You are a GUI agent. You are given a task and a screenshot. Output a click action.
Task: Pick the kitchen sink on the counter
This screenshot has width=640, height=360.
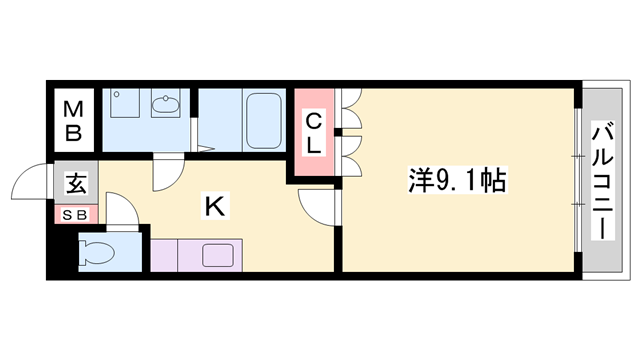coord(216,255)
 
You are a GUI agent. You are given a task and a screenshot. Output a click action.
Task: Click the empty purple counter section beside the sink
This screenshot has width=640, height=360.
coord(172,256)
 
